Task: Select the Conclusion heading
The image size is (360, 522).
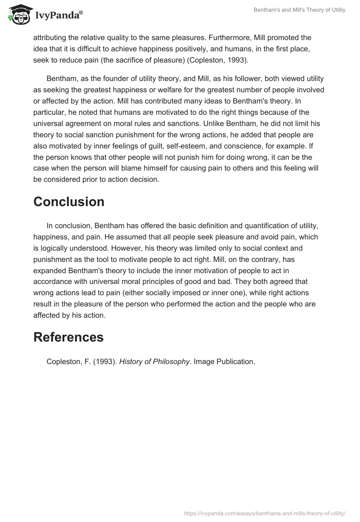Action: [69, 202]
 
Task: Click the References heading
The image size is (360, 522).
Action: [68, 337]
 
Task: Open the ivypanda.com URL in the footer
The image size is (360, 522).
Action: [264, 512]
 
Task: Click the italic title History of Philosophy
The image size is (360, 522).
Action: [154, 361]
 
